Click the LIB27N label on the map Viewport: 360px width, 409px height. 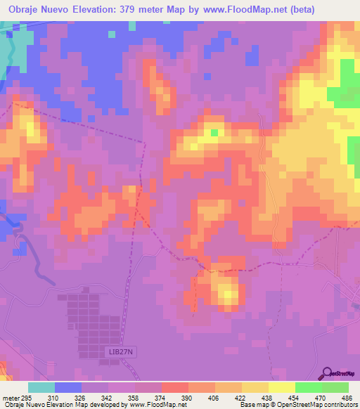coord(105,350)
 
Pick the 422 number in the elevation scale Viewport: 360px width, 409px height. coord(241,396)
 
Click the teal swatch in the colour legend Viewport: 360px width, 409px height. coord(41,387)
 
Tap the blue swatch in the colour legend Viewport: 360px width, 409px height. coord(68,387)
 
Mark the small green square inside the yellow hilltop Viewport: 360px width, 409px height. coord(213,131)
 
